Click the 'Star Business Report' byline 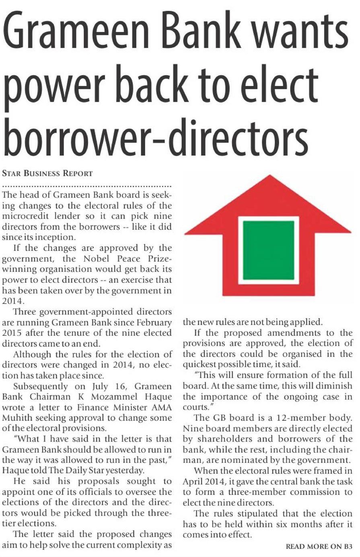click(x=47, y=174)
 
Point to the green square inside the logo click(x=269, y=250)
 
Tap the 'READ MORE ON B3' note click(x=319, y=547)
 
